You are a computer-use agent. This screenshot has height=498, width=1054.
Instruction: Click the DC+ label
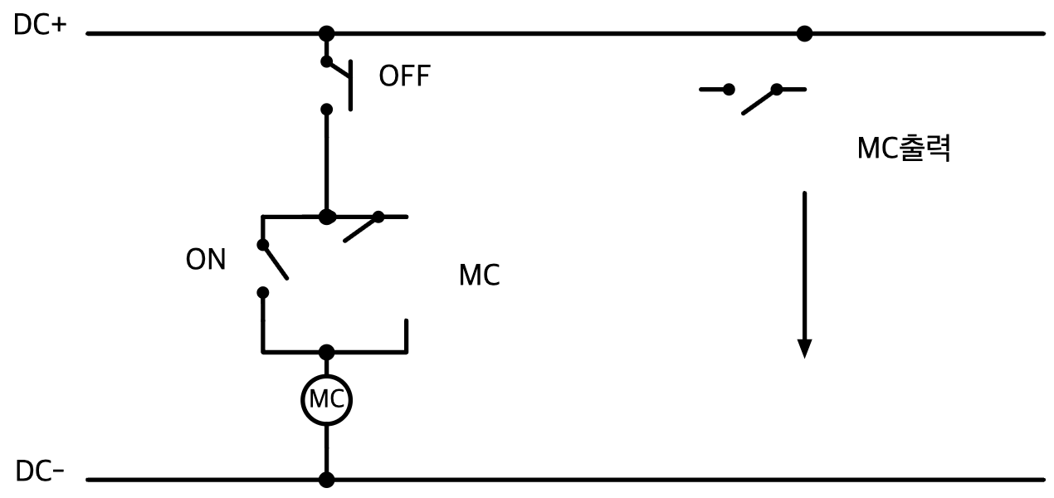pos(40,24)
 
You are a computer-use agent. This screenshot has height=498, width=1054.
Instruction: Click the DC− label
pos(40,471)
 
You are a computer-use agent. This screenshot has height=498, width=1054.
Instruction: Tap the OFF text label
pos(405,76)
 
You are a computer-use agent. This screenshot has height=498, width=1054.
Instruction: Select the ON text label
pos(206,259)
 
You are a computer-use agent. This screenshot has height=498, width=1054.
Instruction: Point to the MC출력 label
pos(904,149)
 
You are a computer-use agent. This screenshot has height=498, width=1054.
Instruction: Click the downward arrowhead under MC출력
pos(805,349)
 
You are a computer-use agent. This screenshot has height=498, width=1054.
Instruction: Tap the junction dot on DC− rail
pos(326,480)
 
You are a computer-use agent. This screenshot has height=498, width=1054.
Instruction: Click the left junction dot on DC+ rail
pos(326,34)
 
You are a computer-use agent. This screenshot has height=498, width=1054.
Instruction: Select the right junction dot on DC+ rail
pos(805,34)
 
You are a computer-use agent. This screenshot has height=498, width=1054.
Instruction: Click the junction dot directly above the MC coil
pos(326,352)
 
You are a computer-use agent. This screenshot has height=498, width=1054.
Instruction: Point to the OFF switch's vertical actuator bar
pos(350,85)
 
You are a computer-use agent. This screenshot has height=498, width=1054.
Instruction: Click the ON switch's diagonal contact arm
pos(276,262)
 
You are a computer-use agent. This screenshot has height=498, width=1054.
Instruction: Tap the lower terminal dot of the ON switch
pos(263,293)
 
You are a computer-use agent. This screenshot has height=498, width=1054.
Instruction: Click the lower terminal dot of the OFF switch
pos(326,110)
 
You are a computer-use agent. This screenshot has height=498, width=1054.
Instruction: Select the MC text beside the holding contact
pos(480,275)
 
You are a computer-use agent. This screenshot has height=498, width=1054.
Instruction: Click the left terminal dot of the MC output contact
pos(729,90)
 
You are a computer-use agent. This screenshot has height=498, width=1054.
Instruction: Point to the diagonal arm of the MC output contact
pos(759,101)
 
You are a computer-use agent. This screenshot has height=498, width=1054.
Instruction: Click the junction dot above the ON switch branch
pos(326,217)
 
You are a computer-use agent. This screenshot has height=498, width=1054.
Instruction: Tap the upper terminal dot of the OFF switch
pos(326,61)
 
